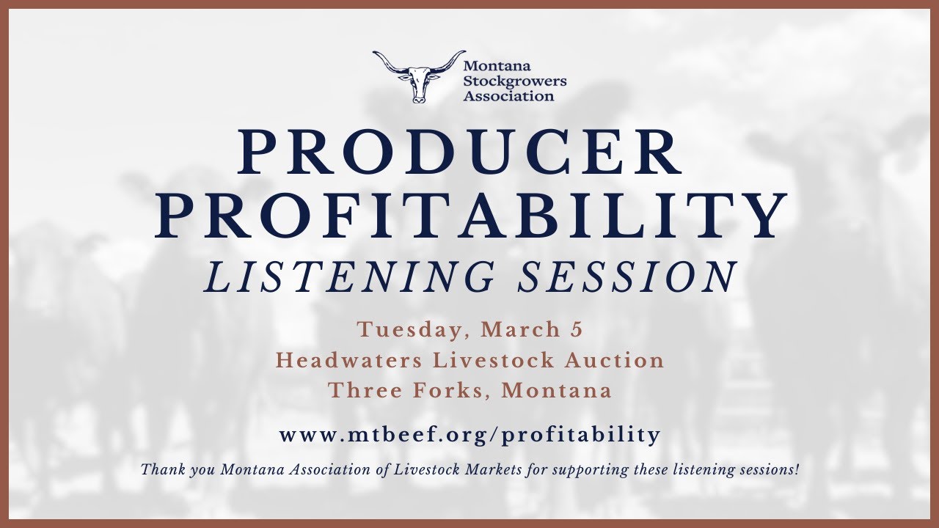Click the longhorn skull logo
[x=418, y=76]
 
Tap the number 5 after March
[x=577, y=330]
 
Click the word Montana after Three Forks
[x=556, y=390]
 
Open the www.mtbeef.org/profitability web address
[x=469, y=434]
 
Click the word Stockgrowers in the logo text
[x=514, y=81]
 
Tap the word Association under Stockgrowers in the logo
[x=508, y=95]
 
